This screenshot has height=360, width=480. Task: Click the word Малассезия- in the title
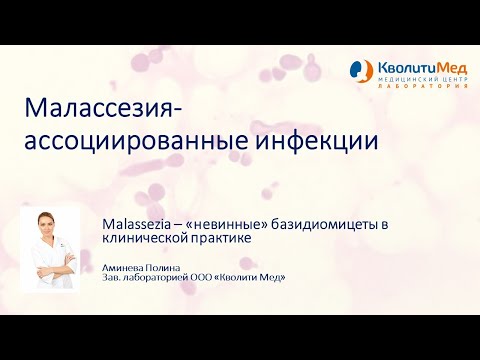(x=104, y=108)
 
